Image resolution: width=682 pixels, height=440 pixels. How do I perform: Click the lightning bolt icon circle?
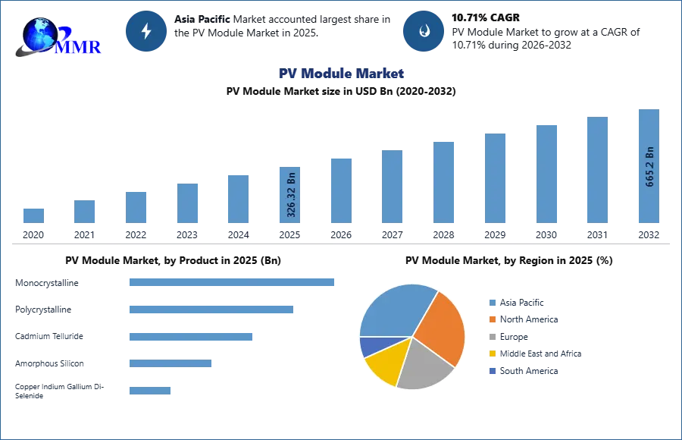click(x=147, y=31)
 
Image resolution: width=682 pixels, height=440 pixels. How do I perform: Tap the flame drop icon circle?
click(x=424, y=31)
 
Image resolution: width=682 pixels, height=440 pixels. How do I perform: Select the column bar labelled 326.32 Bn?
click(x=290, y=194)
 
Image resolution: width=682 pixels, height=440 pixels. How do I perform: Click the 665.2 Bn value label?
click(x=649, y=166)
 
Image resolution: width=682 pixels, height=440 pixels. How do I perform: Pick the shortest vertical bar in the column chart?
click(x=33, y=215)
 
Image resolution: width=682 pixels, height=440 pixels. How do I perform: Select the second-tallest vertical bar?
click(x=596, y=170)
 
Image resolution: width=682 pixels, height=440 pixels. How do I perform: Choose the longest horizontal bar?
click(x=233, y=283)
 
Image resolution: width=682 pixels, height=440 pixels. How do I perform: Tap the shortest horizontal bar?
click(x=151, y=389)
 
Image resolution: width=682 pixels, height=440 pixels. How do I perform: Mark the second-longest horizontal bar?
click(x=211, y=310)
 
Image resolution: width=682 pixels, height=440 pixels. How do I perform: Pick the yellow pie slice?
click(x=383, y=362)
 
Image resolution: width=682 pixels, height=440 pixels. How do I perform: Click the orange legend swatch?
click(x=491, y=321)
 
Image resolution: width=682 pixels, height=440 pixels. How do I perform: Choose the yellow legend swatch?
click(x=491, y=353)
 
